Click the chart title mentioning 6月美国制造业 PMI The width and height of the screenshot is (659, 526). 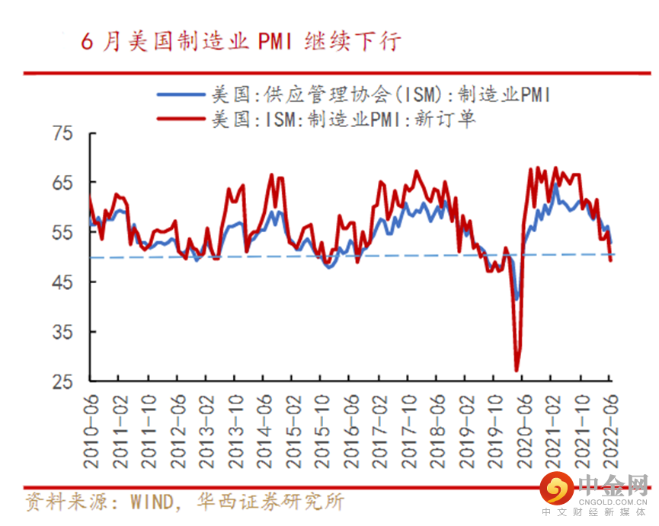241,41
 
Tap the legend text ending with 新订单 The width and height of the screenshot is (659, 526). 343,119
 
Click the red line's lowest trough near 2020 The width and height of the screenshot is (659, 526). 517,371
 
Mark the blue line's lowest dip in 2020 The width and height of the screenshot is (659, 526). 517,298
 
